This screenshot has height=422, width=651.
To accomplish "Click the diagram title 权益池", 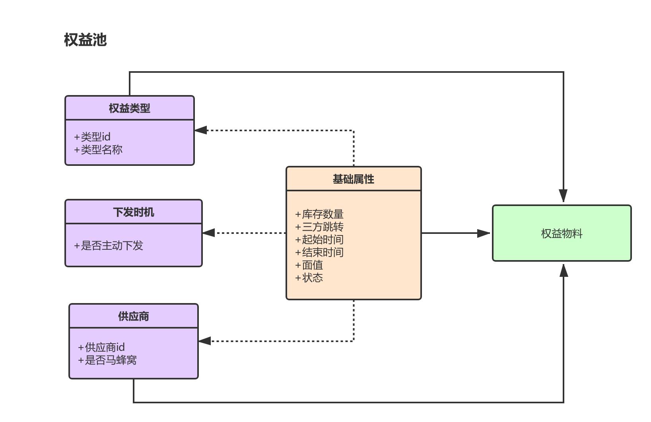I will click(x=85, y=40).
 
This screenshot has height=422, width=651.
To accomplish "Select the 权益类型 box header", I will click(x=129, y=108).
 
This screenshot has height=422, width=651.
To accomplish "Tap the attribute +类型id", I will click(x=92, y=137).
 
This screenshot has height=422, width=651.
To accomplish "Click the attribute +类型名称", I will click(x=98, y=150).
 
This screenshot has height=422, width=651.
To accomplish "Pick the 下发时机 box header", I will click(x=133, y=212).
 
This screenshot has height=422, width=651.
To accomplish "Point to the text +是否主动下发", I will click(x=109, y=245).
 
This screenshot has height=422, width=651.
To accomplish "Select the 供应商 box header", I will click(x=133, y=316).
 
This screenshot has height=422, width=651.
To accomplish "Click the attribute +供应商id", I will click(x=101, y=347).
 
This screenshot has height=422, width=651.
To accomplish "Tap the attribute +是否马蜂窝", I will click(x=107, y=360).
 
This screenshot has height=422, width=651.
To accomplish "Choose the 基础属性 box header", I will click(x=353, y=179).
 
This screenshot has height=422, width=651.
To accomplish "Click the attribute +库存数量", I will click(x=319, y=214).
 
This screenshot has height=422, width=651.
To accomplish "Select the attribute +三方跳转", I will click(x=319, y=227).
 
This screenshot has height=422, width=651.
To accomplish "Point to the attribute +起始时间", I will click(x=319, y=239).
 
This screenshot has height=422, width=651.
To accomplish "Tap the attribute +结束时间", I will click(x=319, y=252).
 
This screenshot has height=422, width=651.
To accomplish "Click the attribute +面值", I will click(x=309, y=265).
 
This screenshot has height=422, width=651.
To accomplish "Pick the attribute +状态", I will click(x=309, y=278).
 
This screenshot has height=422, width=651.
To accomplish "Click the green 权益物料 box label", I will click(x=562, y=233).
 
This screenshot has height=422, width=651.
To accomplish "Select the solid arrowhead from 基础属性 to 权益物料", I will click(x=484, y=233).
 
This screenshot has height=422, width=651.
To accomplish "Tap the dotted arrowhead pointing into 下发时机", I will click(x=209, y=233).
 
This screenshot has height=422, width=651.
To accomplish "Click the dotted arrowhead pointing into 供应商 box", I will click(x=204, y=341).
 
